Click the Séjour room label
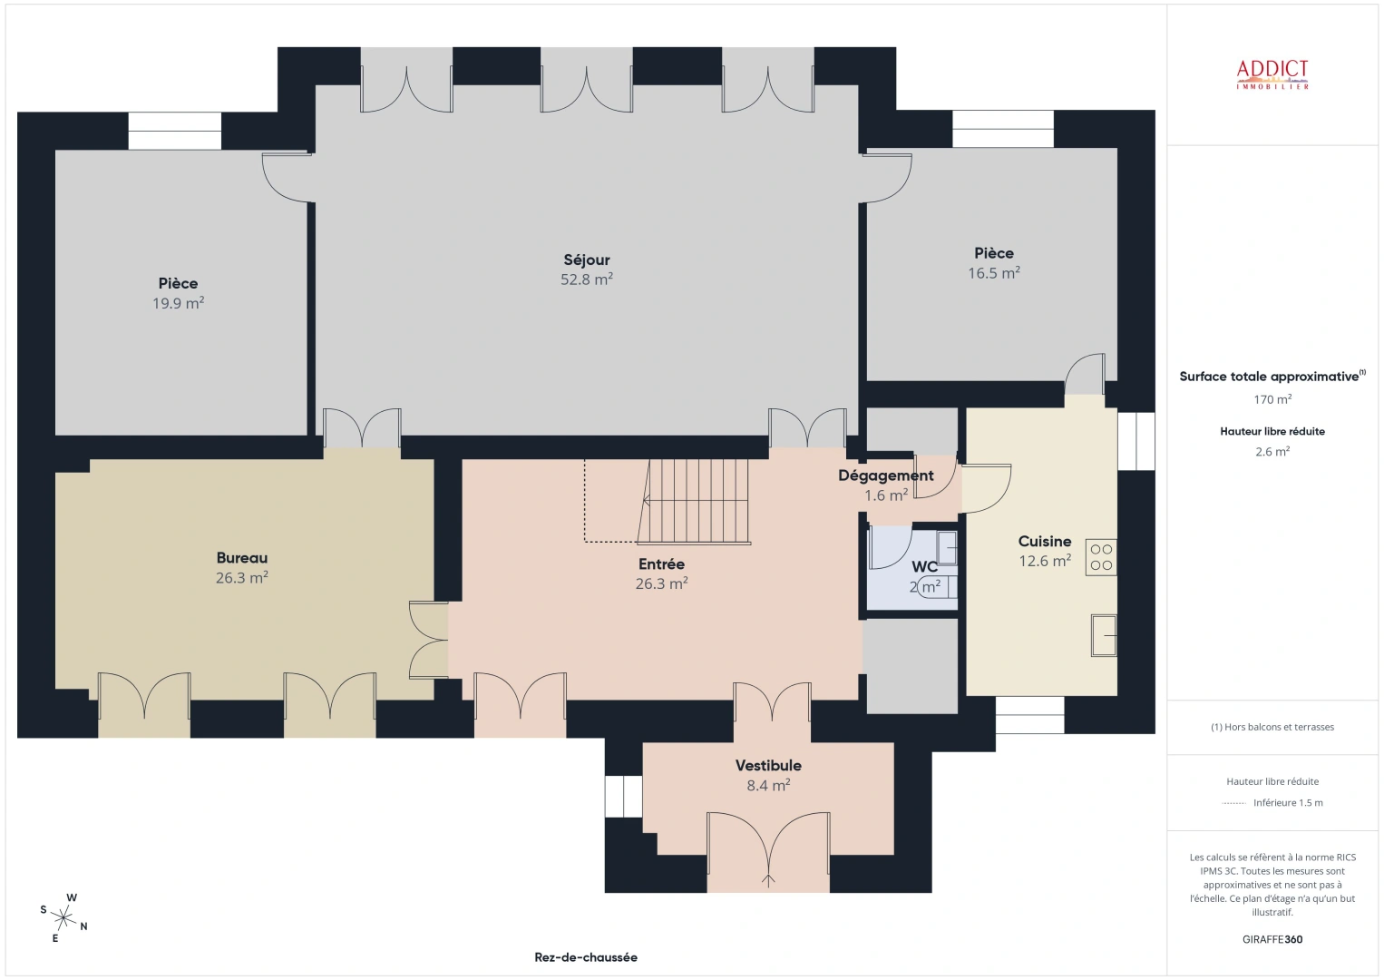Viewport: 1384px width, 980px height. tap(586, 260)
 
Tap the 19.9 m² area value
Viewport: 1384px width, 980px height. tap(178, 304)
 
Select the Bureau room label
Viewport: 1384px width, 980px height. tap(241, 558)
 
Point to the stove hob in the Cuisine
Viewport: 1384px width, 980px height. tap(1101, 557)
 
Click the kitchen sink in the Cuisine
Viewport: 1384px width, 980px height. tap(1103, 634)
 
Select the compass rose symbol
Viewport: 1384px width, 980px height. tap(64, 917)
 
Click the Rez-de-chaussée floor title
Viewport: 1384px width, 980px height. tap(586, 957)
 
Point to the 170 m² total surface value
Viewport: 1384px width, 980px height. tap(1272, 399)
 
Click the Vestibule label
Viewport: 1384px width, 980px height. tap(768, 766)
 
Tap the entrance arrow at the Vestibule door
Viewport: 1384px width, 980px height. tap(768, 878)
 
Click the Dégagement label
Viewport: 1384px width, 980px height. tap(885, 475)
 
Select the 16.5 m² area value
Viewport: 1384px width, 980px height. tap(993, 273)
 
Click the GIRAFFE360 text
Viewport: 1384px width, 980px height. tap(1272, 939)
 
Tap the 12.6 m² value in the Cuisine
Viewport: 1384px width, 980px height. tap(1044, 561)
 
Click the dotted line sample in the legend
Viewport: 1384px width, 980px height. tap(1233, 803)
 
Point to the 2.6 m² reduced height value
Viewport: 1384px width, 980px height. tap(1272, 451)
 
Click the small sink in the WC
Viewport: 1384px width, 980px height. tap(947, 547)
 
